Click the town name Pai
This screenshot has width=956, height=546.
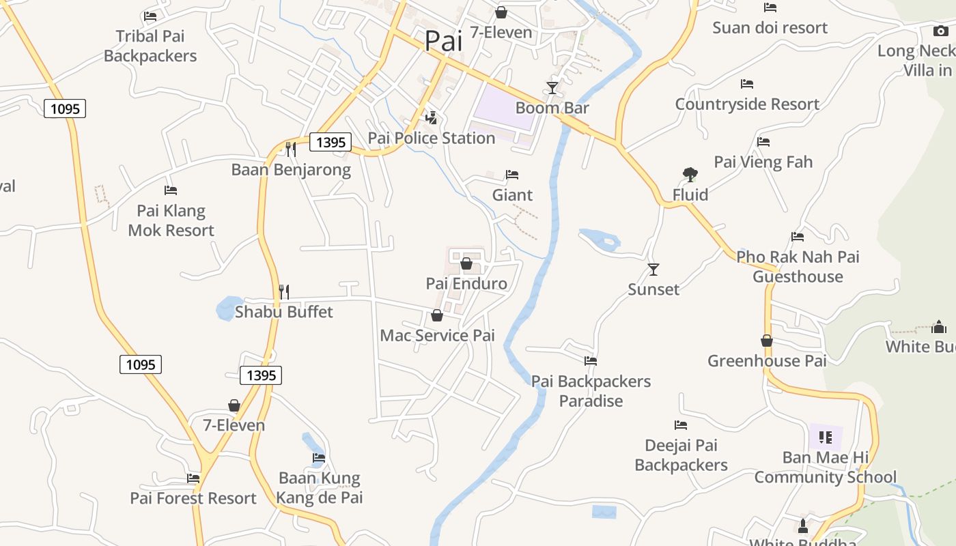pyautogui.click(x=443, y=40)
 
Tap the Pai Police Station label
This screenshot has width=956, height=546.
pyautogui.click(x=431, y=138)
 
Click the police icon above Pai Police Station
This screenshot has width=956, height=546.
pyautogui.click(x=431, y=117)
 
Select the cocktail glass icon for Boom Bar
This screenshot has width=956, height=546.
pyautogui.click(x=552, y=88)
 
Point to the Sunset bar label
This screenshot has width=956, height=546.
pyautogui.click(x=653, y=289)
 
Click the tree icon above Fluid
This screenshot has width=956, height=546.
pyautogui.click(x=690, y=175)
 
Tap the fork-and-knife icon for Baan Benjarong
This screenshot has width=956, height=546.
pyautogui.click(x=291, y=149)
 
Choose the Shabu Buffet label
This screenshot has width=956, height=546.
pyautogui.click(x=284, y=312)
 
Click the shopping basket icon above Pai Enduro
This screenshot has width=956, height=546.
pyautogui.click(x=467, y=263)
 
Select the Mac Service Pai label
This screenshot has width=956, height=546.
pyautogui.click(x=437, y=335)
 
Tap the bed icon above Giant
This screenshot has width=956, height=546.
pyautogui.click(x=512, y=175)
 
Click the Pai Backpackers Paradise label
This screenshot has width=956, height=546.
pyautogui.click(x=591, y=390)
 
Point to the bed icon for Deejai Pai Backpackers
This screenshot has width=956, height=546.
pyautogui.click(x=681, y=425)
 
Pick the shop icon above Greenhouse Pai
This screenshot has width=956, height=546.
pyautogui.click(x=767, y=341)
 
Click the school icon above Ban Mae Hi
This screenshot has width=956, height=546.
pyautogui.click(x=826, y=437)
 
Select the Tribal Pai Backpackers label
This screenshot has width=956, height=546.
pyautogui.click(x=150, y=46)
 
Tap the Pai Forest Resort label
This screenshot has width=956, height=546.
pyautogui.click(x=193, y=498)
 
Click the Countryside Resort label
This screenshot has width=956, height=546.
pyautogui.click(x=747, y=104)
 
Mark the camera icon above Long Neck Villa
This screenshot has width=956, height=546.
pyautogui.click(x=940, y=31)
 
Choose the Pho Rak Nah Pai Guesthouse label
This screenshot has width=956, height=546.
pyautogui.click(x=798, y=267)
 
